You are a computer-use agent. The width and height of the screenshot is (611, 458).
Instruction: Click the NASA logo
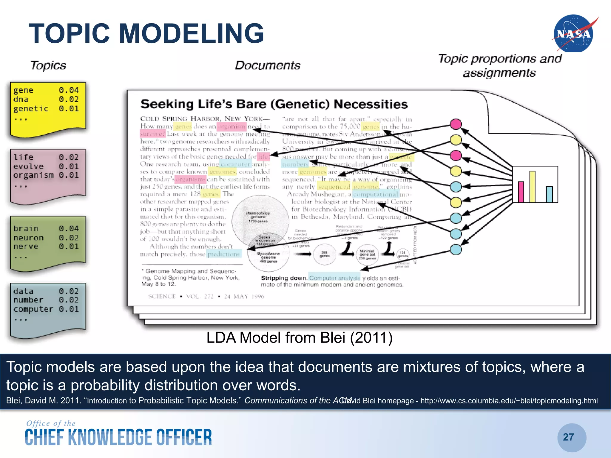point(573,33)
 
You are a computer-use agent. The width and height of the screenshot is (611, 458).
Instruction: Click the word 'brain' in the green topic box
point(26,229)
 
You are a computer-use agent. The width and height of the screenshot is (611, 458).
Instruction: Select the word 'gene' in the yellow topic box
point(23,90)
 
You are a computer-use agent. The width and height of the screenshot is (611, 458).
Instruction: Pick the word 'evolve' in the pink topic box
point(28,166)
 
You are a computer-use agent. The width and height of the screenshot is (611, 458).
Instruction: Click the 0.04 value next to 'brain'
point(69,229)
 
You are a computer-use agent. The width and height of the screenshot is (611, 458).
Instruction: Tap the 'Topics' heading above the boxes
point(48,65)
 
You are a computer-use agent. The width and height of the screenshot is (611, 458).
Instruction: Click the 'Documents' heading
point(268,65)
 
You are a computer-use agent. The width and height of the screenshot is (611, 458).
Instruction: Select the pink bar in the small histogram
point(521,192)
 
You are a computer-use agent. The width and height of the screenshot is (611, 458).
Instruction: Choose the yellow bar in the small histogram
point(532,187)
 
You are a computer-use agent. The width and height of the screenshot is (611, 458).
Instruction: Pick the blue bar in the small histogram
point(549,194)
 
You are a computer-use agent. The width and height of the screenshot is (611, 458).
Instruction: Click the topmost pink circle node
point(456,124)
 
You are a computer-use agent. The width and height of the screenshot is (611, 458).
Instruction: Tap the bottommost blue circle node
point(456,250)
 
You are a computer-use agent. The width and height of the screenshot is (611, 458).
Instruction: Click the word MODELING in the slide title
point(191,33)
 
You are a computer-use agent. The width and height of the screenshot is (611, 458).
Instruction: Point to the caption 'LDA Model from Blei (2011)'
point(299,338)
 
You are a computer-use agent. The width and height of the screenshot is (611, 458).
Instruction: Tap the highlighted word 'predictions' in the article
point(223,254)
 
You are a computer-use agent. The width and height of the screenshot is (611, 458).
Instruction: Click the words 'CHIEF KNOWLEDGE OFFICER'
point(118,437)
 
